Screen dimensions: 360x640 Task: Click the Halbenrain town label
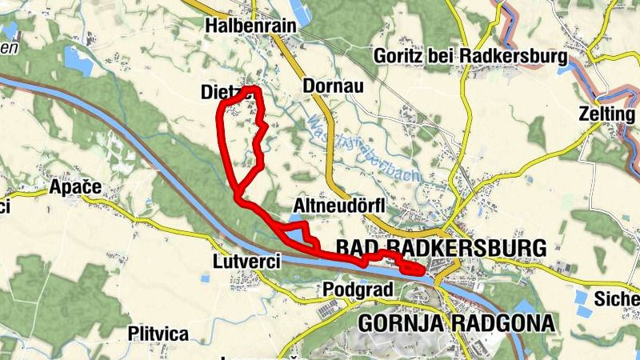click(x=250, y=26)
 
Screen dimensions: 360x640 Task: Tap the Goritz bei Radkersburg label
click(x=470, y=57)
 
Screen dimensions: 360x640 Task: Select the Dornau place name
click(x=334, y=86)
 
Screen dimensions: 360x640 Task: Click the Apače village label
click(x=75, y=187)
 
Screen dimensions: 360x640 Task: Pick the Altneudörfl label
click(x=340, y=206)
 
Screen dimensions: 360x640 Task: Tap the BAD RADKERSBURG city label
click(x=442, y=246)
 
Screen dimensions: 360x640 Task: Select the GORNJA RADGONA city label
click(x=456, y=323)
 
